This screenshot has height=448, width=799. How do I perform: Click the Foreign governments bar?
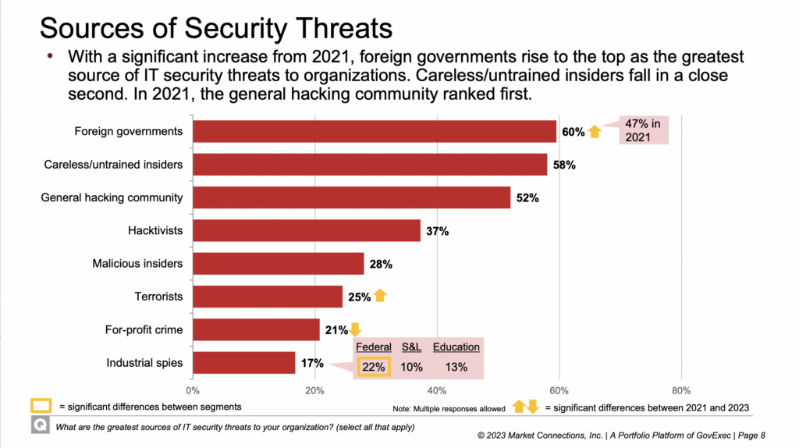(x=375, y=131)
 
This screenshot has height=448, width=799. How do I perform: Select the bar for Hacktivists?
(x=306, y=231)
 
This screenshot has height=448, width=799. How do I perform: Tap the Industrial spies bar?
(x=243, y=363)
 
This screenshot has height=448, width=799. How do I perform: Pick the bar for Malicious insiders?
(x=278, y=264)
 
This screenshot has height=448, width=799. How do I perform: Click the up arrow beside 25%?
(x=381, y=297)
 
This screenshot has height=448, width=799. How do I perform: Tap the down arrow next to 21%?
(x=355, y=329)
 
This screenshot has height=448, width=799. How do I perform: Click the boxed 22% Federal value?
(x=374, y=366)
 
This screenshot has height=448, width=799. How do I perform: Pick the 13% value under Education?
(x=456, y=367)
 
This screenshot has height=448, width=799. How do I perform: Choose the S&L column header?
(x=411, y=347)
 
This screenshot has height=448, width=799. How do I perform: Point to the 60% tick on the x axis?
(x=559, y=390)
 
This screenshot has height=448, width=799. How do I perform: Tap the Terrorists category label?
(x=158, y=297)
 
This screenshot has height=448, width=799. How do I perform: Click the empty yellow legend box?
(x=41, y=407)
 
